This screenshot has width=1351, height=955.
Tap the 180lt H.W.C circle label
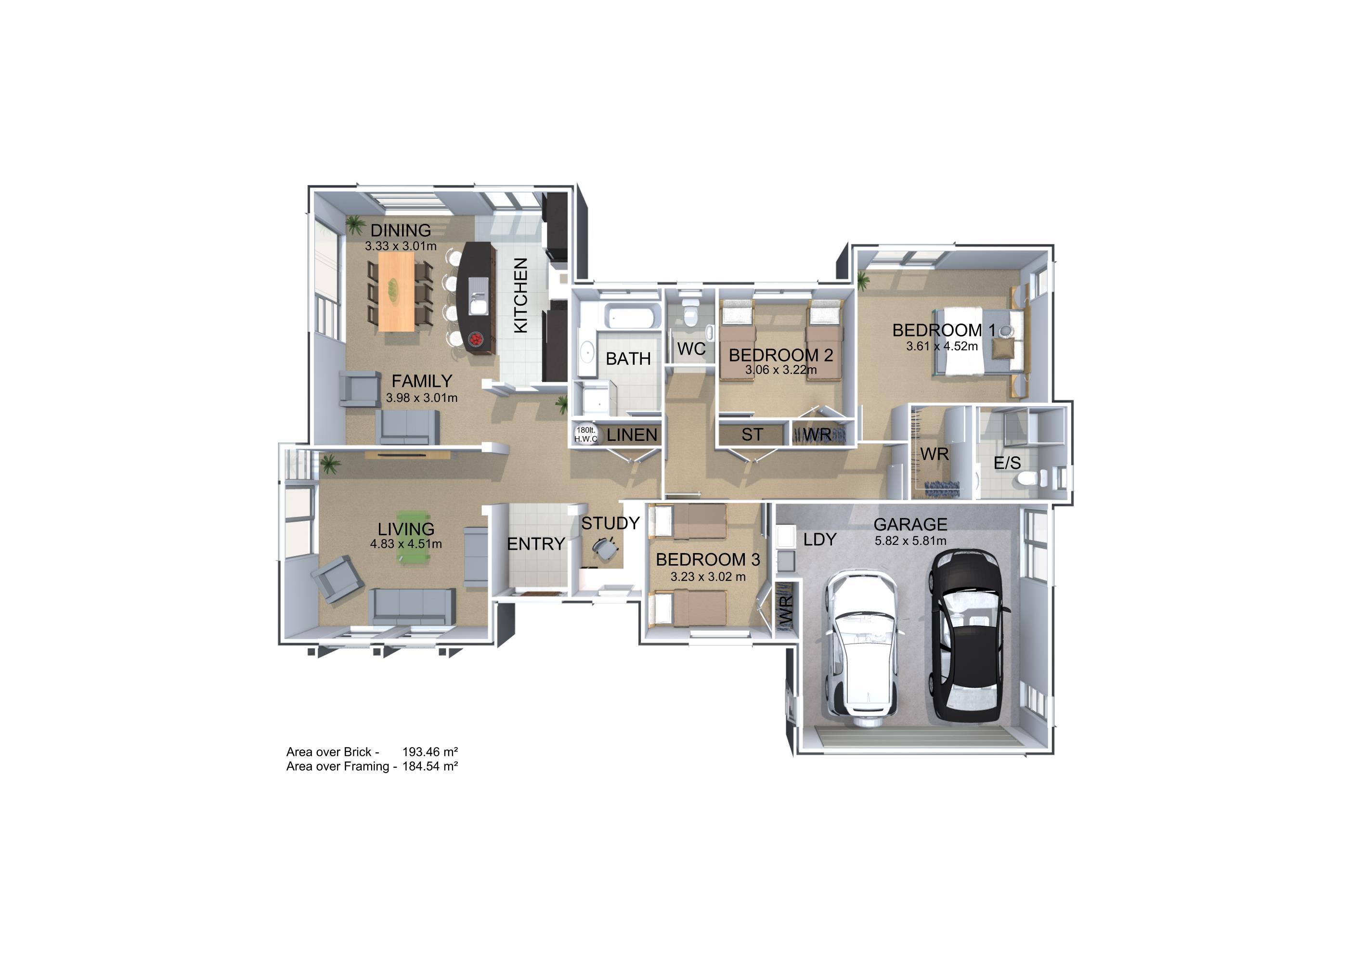point(585,434)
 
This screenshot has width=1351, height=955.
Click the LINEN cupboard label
point(632,435)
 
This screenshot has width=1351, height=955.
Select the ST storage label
point(752,434)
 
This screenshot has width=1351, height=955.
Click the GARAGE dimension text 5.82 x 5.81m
point(910,541)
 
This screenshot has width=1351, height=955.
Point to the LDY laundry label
point(819,540)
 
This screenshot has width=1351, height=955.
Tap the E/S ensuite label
point(1007,463)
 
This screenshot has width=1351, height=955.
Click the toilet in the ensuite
point(1033,478)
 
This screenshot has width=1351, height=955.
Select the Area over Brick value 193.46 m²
point(430,751)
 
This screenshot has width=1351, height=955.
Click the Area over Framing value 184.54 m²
point(430,766)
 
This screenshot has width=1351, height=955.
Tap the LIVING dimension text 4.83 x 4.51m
point(406,544)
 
